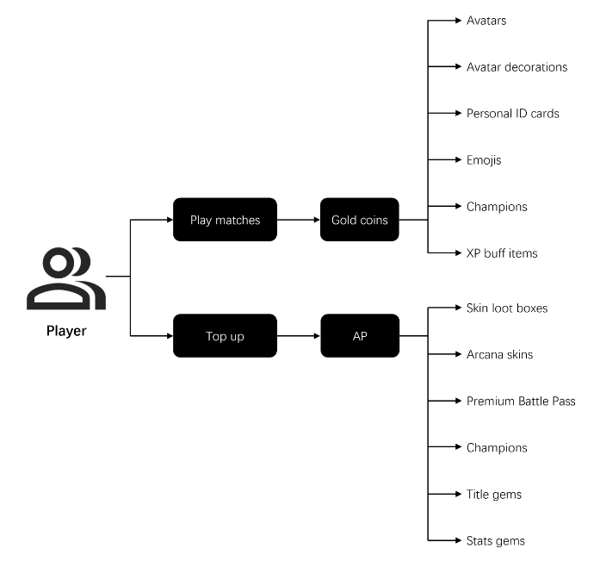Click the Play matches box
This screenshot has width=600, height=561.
tap(225, 220)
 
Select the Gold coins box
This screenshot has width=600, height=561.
tap(360, 220)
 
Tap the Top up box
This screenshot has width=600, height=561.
tap(225, 336)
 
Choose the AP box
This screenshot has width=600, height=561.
tap(360, 336)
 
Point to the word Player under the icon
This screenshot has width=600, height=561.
tap(66, 330)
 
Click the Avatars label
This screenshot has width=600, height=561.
tap(486, 21)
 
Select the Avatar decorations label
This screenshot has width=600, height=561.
tap(517, 67)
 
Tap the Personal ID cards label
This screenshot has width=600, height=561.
tap(513, 114)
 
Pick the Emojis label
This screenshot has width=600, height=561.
tap(484, 160)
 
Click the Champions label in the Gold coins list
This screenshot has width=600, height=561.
tap(497, 207)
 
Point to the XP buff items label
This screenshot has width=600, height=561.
tap(502, 253)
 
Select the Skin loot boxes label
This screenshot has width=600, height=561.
tap(507, 308)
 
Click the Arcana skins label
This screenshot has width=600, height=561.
tap(500, 354)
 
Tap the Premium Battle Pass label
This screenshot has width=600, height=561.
tap(521, 401)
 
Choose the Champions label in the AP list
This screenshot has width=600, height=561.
tap(497, 447)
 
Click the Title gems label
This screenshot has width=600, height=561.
tap(494, 495)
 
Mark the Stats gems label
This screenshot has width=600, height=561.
tap(496, 540)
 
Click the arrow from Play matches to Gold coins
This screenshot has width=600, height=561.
tap(299, 220)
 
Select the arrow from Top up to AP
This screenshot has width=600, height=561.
tap(299, 336)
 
